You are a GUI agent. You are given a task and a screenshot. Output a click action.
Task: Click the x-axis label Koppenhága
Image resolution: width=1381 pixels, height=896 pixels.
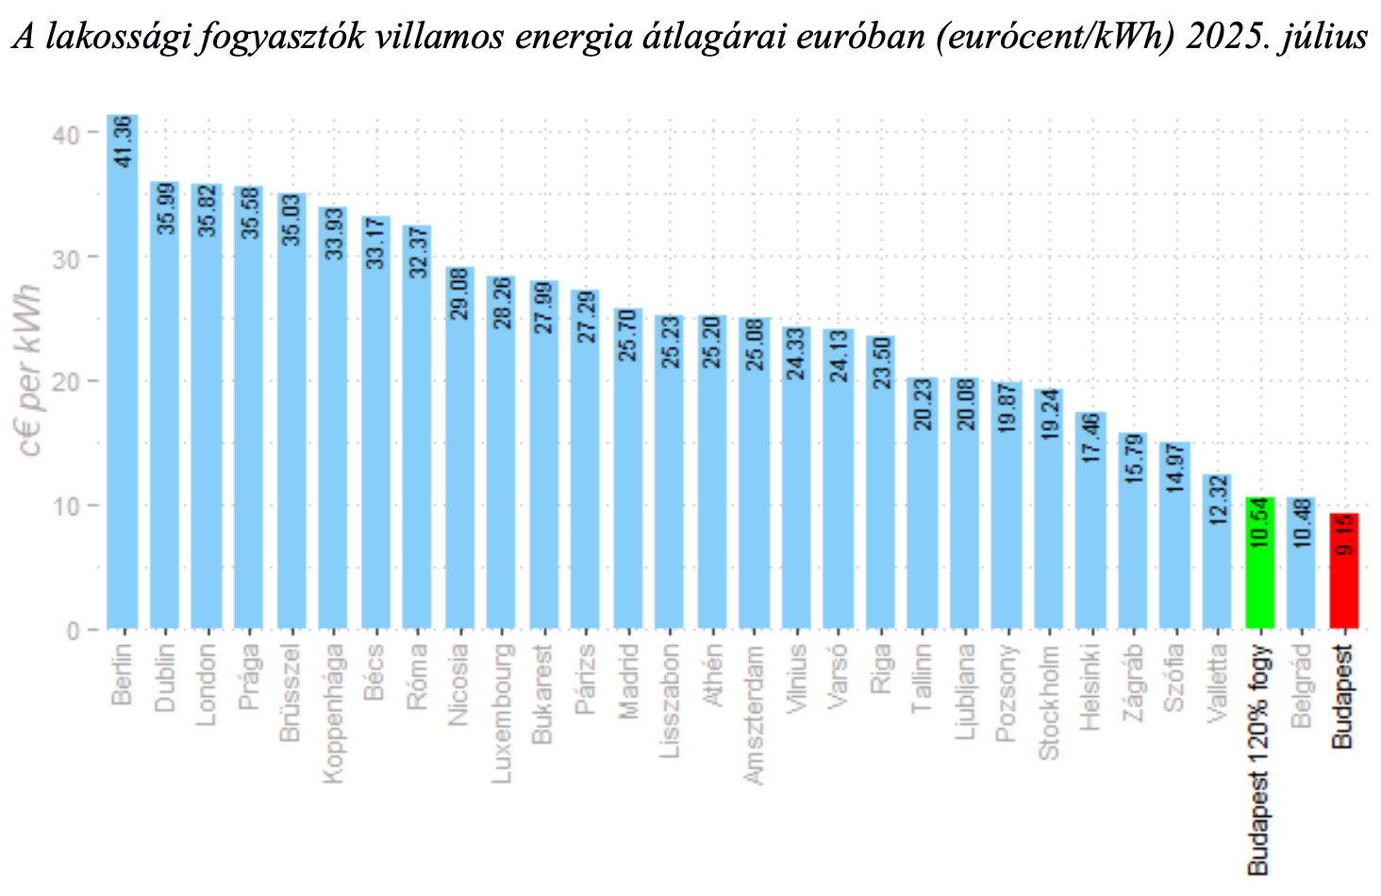(x=333, y=714)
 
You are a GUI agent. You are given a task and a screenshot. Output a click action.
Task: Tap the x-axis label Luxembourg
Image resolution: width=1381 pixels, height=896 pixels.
(x=501, y=712)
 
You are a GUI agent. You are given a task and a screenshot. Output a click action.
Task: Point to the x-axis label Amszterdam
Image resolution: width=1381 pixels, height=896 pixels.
(x=754, y=714)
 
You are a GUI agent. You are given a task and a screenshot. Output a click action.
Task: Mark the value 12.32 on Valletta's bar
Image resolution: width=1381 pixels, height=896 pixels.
(x=1217, y=500)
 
